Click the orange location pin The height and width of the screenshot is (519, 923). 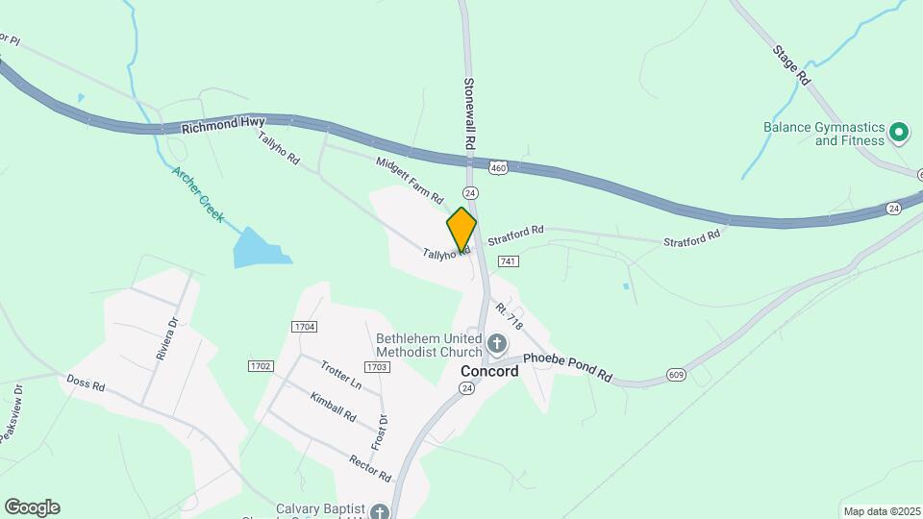pyautogui.click(x=461, y=229)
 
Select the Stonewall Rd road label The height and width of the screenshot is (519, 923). pyautogui.click(x=470, y=111)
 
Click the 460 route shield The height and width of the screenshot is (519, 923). pyautogui.click(x=497, y=168)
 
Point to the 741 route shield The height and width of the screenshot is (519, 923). pyautogui.click(x=509, y=261)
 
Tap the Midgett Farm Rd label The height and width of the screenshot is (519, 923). pyautogui.click(x=410, y=180)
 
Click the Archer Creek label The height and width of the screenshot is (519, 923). pyautogui.click(x=198, y=195)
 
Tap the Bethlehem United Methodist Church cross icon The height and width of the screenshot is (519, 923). pyautogui.click(x=497, y=342)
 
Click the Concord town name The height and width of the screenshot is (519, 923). pyautogui.click(x=489, y=371)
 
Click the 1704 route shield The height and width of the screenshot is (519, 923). pyautogui.click(x=303, y=328)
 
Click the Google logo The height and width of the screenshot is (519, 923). pyautogui.click(x=32, y=507)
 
